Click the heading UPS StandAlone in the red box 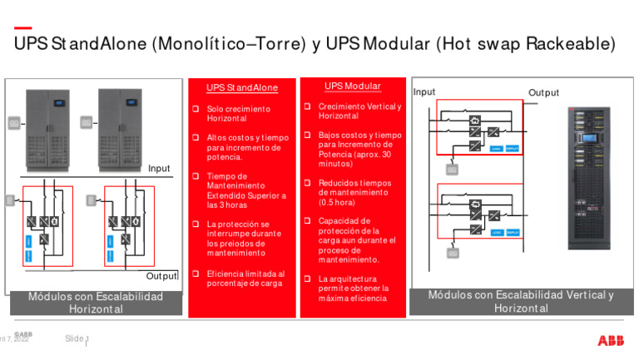[x=241, y=87]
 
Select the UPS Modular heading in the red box [x=353, y=86]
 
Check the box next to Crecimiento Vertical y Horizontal [x=306, y=106]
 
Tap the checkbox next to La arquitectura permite [x=306, y=279]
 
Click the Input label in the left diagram [x=159, y=169]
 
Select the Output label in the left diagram [x=162, y=276]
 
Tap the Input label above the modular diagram [x=424, y=91]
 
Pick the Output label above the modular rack [x=543, y=93]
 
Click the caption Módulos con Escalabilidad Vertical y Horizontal [x=521, y=301]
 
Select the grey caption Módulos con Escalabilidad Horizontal [x=96, y=302]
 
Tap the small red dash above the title [x=23, y=27]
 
